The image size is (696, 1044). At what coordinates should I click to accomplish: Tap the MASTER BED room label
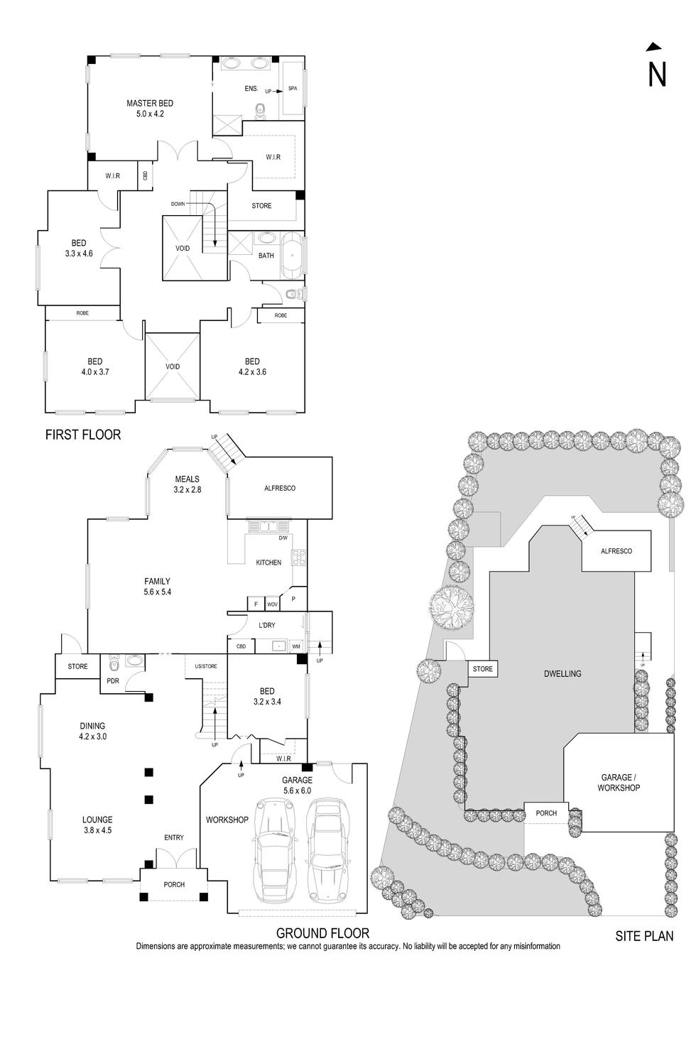click(x=150, y=108)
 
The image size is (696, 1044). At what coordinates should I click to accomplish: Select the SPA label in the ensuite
click(x=293, y=89)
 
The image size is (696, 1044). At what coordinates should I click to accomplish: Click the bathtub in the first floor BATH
click(x=292, y=256)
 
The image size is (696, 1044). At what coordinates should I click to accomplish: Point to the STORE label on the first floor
click(x=261, y=206)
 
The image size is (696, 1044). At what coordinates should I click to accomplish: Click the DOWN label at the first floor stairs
click(x=178, y=204)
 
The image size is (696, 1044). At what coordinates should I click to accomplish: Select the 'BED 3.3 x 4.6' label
click(x=78, y=248)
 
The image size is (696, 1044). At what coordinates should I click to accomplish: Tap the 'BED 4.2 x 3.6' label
click(x=252, y=366)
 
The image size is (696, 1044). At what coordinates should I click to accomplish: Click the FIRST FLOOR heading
click(x=83, y=435)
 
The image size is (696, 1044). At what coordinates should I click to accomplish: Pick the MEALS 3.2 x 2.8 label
click(x=187, y=484)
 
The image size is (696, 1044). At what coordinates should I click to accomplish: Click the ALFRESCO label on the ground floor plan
click(x=279, y=488)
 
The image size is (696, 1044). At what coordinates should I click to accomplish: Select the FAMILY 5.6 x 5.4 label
click(x=157, y=586)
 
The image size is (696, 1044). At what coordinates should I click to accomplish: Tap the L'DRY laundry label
click(x=267, y=625)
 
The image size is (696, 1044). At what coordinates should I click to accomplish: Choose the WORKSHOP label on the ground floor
click(x=227, y=820)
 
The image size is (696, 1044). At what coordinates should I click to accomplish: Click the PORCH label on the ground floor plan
click(x=174, y=884)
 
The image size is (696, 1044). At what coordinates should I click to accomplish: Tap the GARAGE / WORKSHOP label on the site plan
click(x=619, y=783)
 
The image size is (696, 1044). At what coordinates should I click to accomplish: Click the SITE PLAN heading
click(x=644, y=936)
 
